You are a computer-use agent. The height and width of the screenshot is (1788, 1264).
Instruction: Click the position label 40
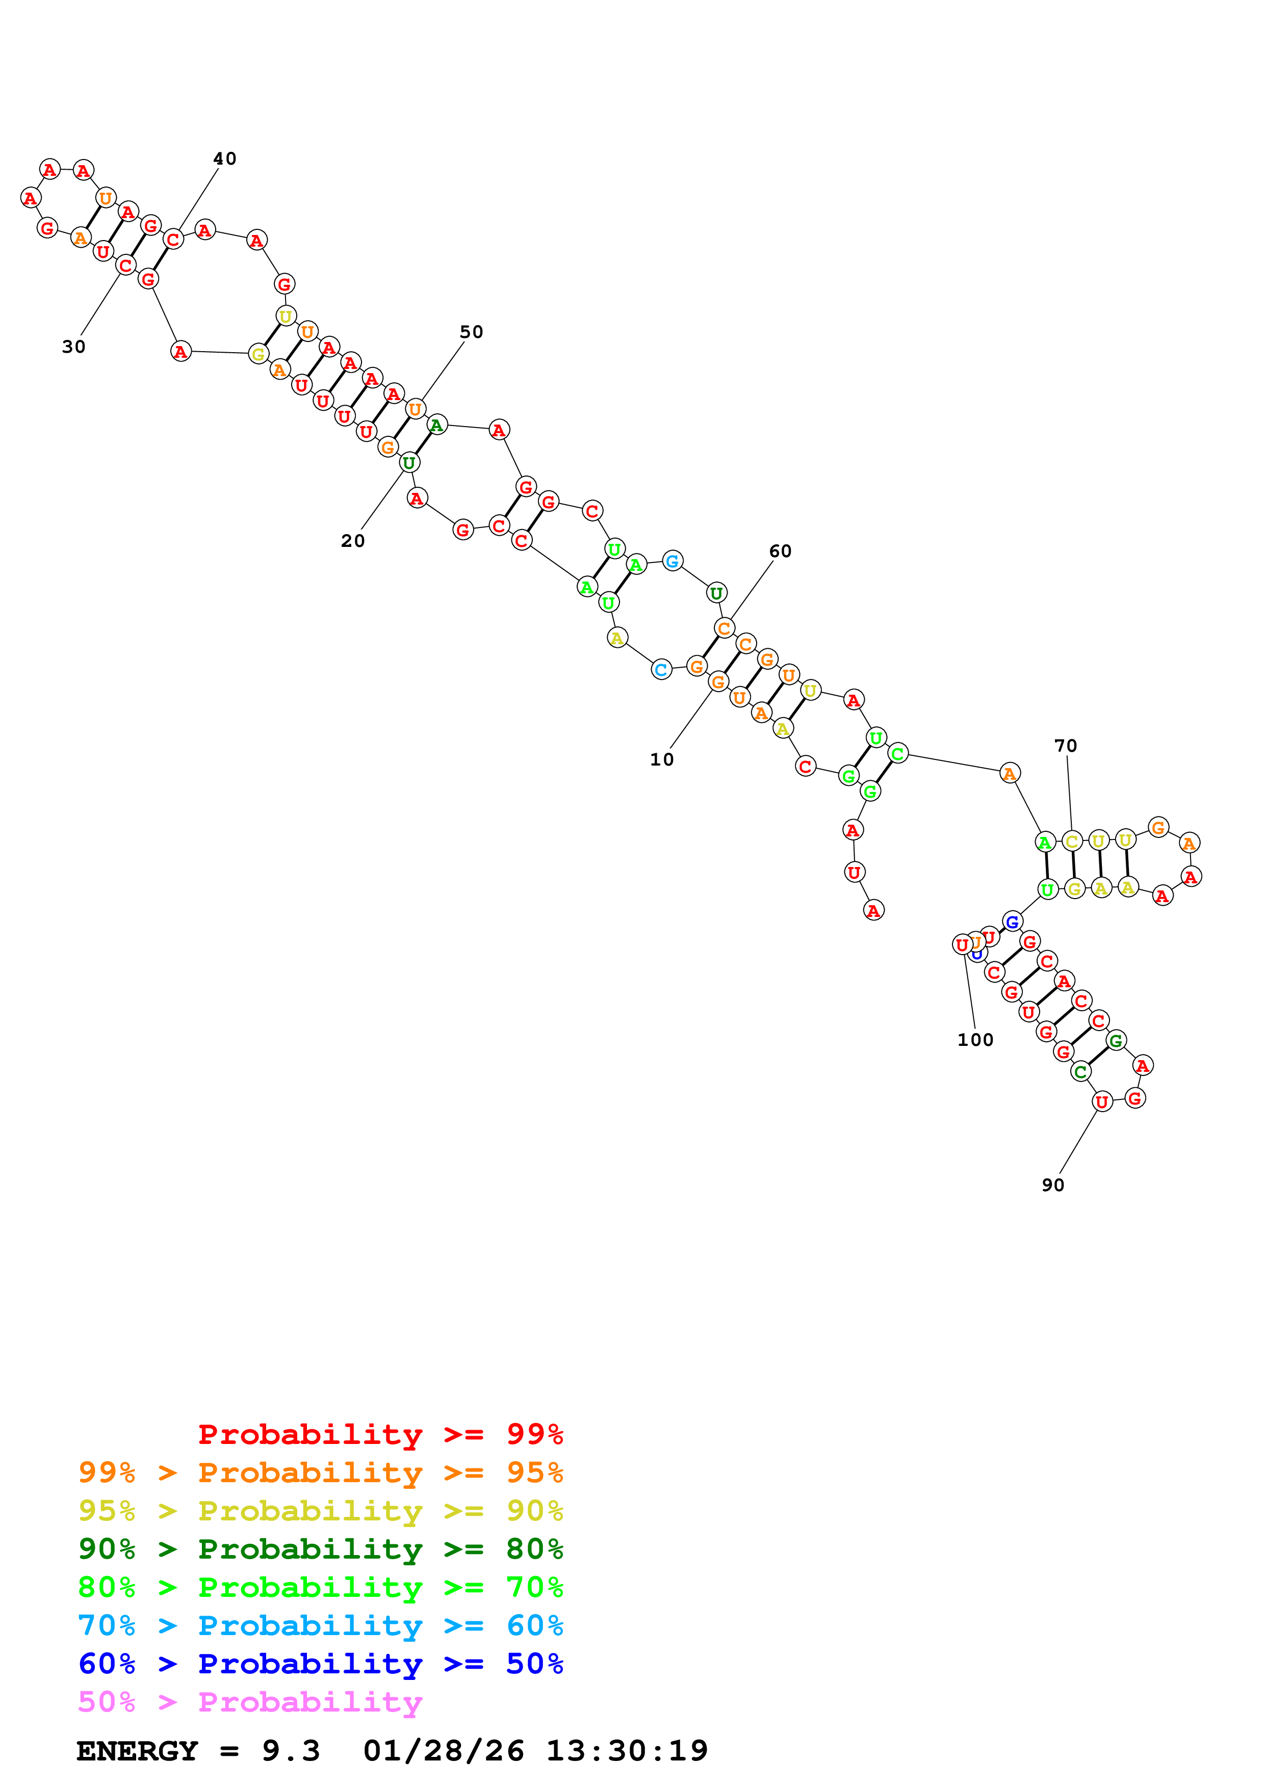click(224, 159)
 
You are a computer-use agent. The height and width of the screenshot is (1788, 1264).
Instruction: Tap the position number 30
click(74, 347)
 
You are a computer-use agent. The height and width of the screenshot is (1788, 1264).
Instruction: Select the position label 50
click(471, 332)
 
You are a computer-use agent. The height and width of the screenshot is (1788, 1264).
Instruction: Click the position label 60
click(780, 551)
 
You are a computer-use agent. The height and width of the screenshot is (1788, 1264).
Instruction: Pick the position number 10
click(662, 760)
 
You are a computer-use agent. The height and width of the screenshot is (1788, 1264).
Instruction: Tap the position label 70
click(1066, 746)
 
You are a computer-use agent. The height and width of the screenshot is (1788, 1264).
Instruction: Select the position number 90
click(1053, 1185)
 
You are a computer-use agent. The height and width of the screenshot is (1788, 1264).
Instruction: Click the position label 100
click(975, 1040)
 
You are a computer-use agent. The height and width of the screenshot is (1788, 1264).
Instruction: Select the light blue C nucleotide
click(661, 670)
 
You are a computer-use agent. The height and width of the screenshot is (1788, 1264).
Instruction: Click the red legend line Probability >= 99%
click(380, 1434)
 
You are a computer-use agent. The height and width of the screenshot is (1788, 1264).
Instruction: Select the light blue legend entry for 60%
click(320, 1626)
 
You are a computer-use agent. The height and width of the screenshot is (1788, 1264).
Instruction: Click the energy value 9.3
click(291, 1751)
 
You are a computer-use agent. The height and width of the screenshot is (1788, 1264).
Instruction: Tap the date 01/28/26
click(443, 1751)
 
